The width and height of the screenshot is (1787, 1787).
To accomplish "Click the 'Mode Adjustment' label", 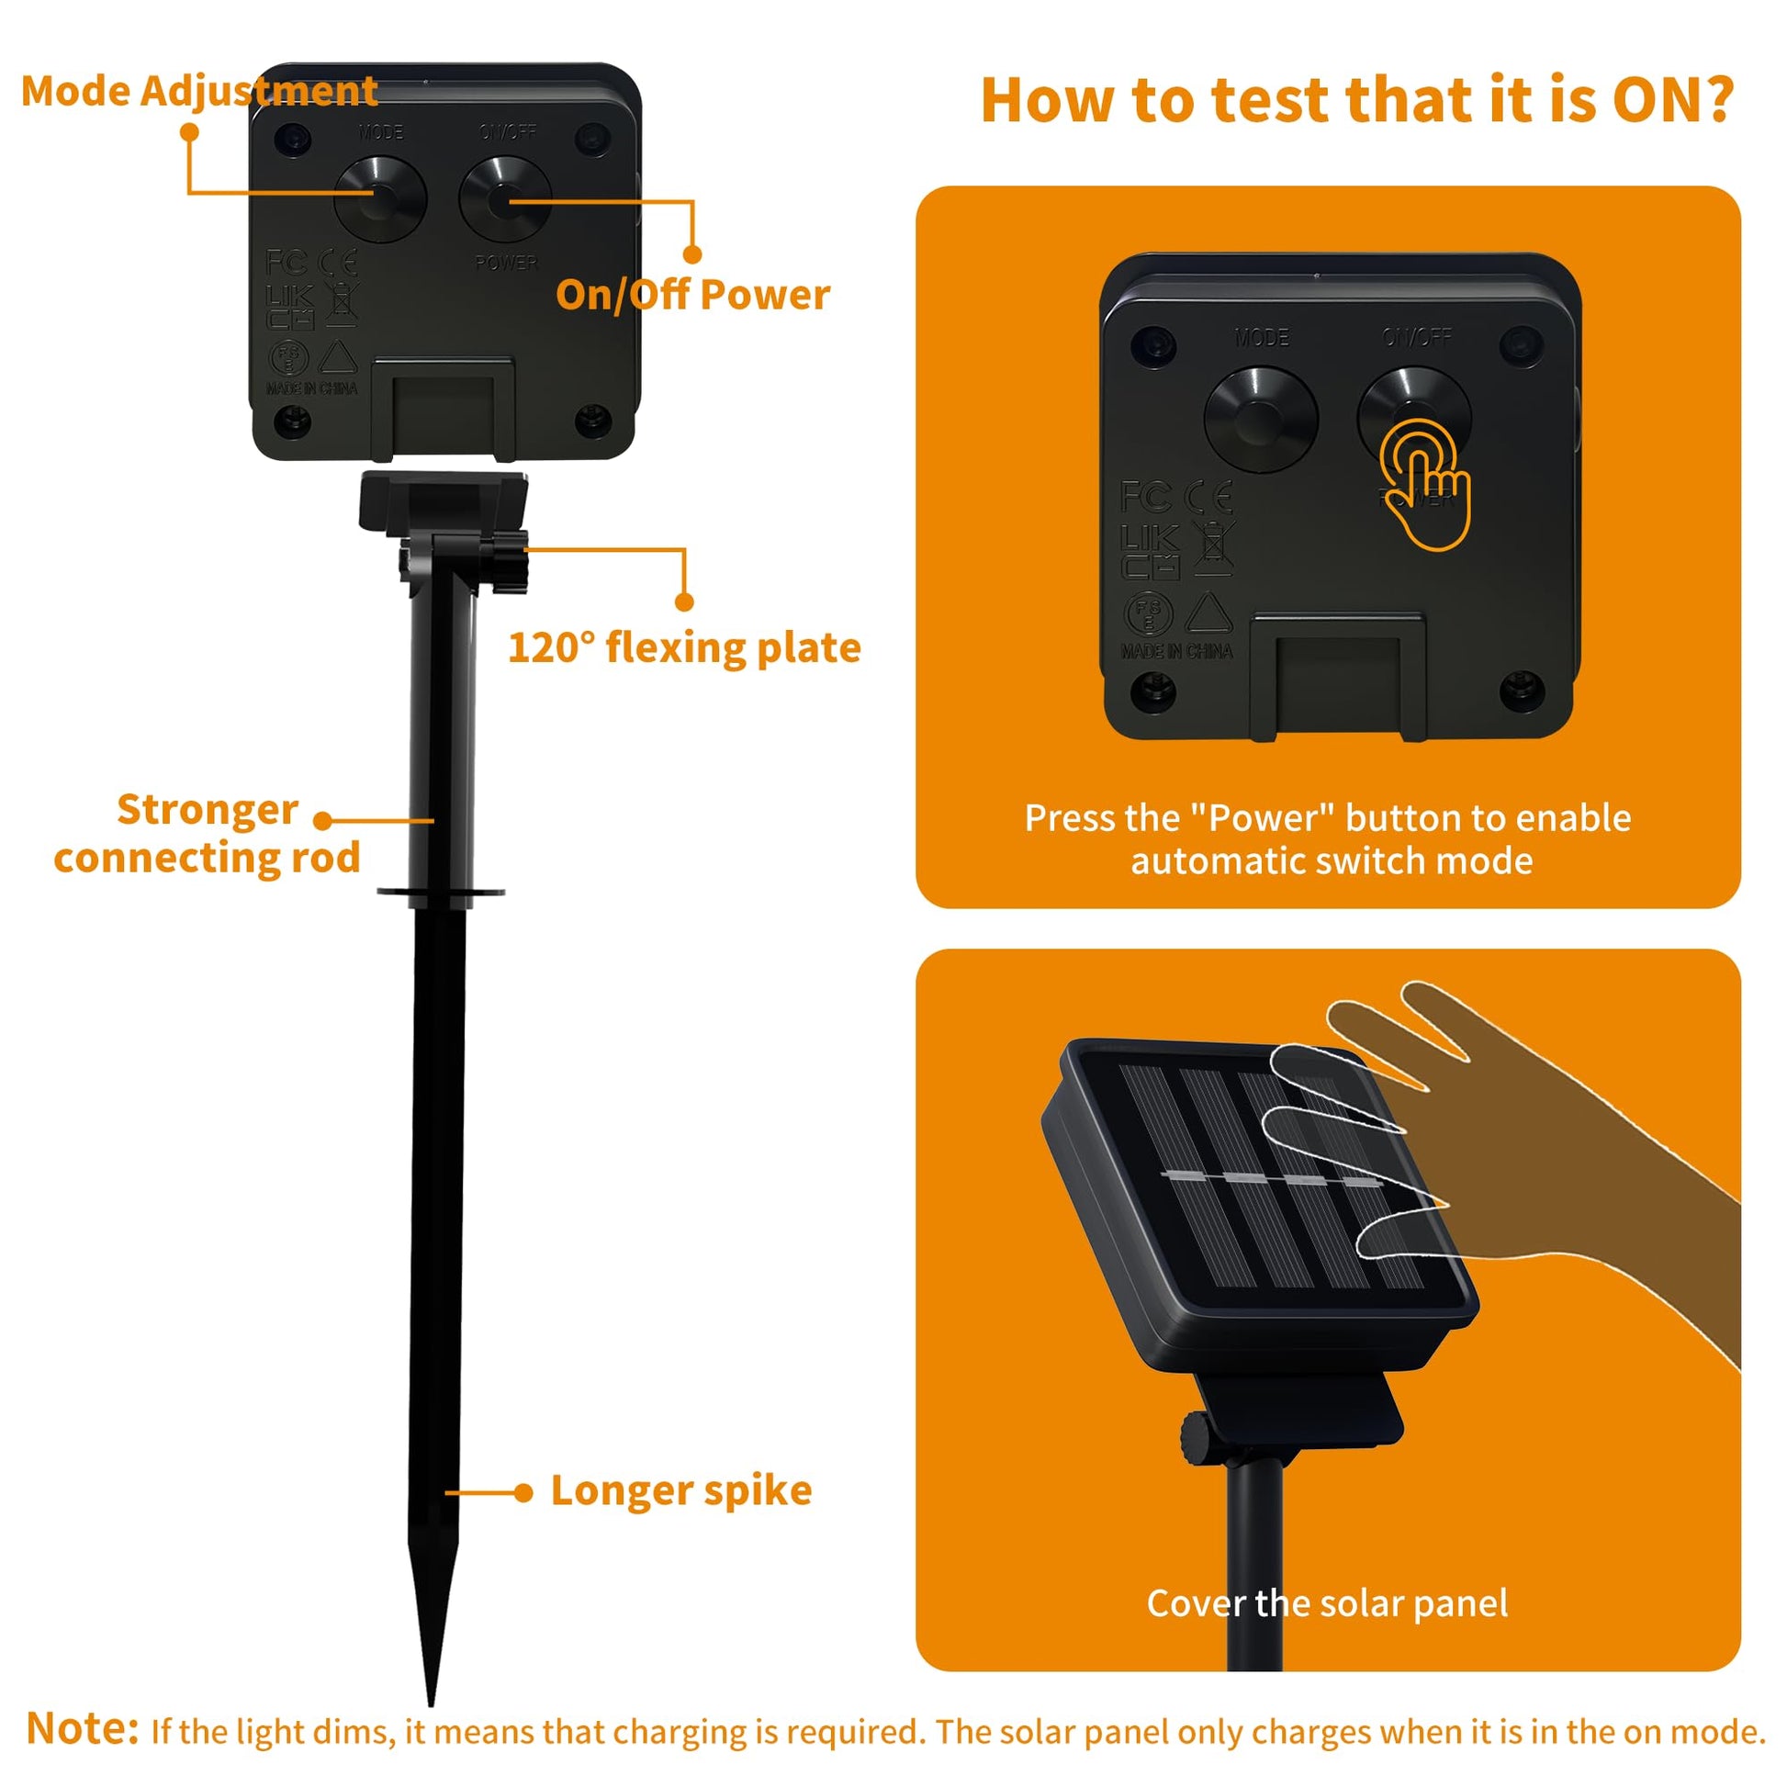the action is click(199, 92).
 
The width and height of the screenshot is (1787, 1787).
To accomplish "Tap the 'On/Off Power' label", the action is click(692, 295).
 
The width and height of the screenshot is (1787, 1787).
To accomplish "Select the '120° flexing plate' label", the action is click(684, 647).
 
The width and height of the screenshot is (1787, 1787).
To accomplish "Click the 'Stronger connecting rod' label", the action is click(208, 834).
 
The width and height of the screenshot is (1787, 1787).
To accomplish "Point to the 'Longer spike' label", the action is click(681, 1490).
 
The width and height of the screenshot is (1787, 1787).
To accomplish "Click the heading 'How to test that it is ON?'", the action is click(1357, 100).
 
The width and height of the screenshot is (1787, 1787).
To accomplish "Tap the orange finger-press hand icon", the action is click(1425, 484).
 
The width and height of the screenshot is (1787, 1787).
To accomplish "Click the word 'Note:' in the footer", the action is click(83, 1727).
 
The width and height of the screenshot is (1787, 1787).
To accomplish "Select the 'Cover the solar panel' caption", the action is click(1327, 1603).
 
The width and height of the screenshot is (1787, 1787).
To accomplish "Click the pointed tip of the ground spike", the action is click(431, 1703).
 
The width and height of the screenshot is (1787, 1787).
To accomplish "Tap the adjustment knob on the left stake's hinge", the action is click(508, 559).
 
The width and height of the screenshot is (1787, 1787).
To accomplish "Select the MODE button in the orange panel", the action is click(1261, 419).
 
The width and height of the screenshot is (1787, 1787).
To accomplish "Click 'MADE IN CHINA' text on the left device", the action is click(311, 388).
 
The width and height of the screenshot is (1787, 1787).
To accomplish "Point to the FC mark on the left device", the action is click(286, 263).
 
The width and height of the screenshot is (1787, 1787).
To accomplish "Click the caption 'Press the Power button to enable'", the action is click(1327, 817).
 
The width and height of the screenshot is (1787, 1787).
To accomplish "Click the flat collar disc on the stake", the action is click(441, 892).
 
